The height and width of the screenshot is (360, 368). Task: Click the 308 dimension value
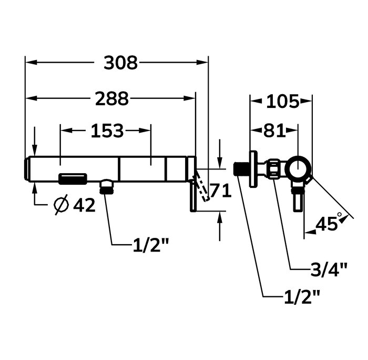click(120, 63)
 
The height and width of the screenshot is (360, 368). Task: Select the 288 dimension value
click(112, 98)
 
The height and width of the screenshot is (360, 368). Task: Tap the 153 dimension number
click(107, 131)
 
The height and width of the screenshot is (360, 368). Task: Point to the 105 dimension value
click(283, 102)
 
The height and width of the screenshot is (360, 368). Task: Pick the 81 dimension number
click(274, 131)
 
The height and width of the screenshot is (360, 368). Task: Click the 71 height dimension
click(221, 191)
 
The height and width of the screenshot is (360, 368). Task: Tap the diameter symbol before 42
click(62, 205)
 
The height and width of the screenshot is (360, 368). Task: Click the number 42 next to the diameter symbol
click(84, 205)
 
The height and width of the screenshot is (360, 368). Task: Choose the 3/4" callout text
click(329, 269)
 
